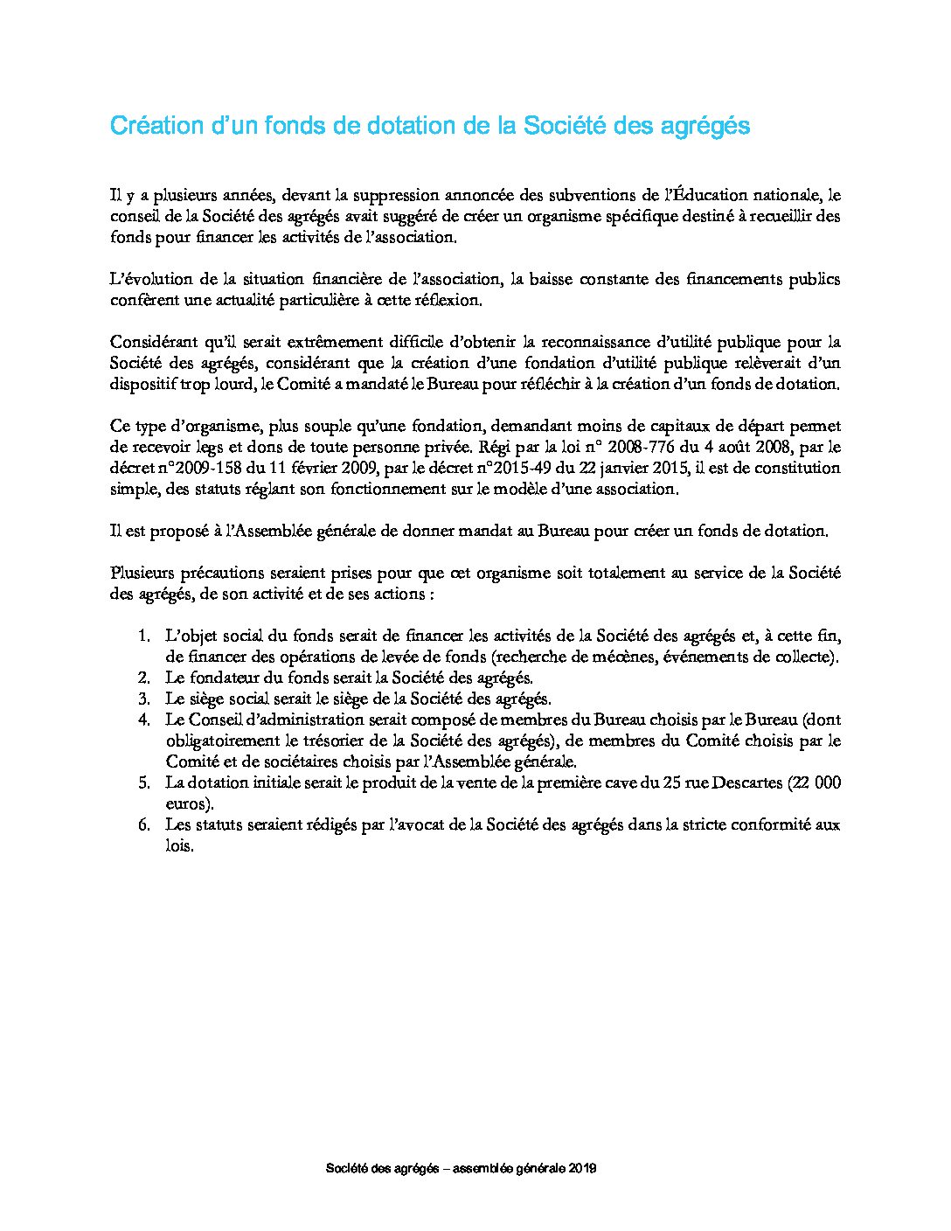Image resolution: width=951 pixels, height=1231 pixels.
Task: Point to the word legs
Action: point(203,447)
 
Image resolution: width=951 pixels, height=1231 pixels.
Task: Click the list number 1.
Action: point(144,636)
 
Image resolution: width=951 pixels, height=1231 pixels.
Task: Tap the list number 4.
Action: point(144,720)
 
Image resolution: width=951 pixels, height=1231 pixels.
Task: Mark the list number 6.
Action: point(144,824)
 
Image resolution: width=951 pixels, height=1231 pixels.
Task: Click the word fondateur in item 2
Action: point(223,678)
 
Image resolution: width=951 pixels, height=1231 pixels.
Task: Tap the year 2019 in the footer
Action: point(583,1169)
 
